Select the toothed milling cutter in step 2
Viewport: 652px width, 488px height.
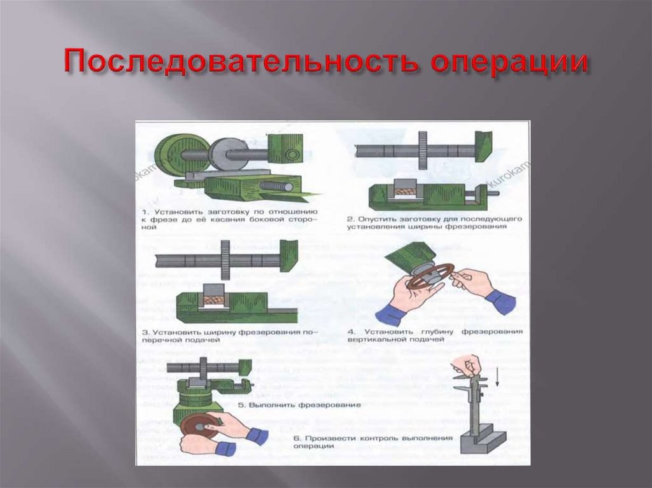click(x=422, y=150)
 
